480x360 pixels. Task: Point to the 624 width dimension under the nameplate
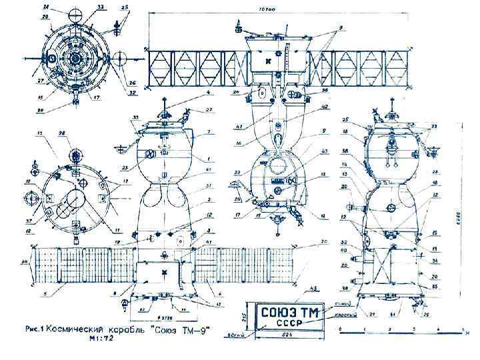pos(284,338)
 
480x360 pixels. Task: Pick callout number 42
pos(325,107)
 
